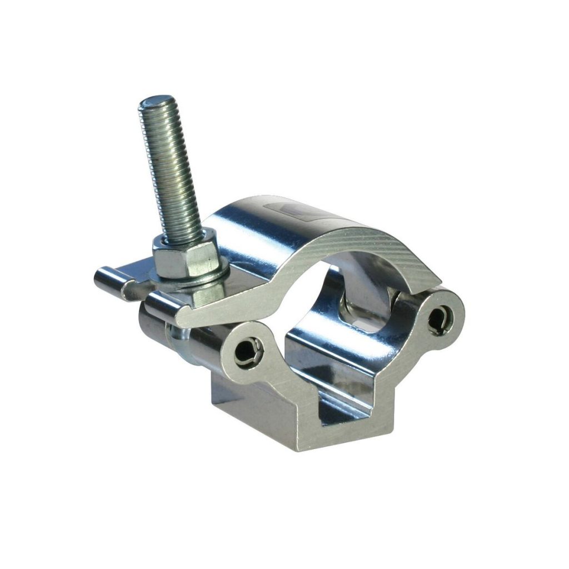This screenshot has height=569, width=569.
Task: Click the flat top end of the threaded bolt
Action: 152,104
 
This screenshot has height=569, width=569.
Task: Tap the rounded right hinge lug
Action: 442,314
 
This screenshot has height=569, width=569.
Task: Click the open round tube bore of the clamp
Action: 311,311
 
